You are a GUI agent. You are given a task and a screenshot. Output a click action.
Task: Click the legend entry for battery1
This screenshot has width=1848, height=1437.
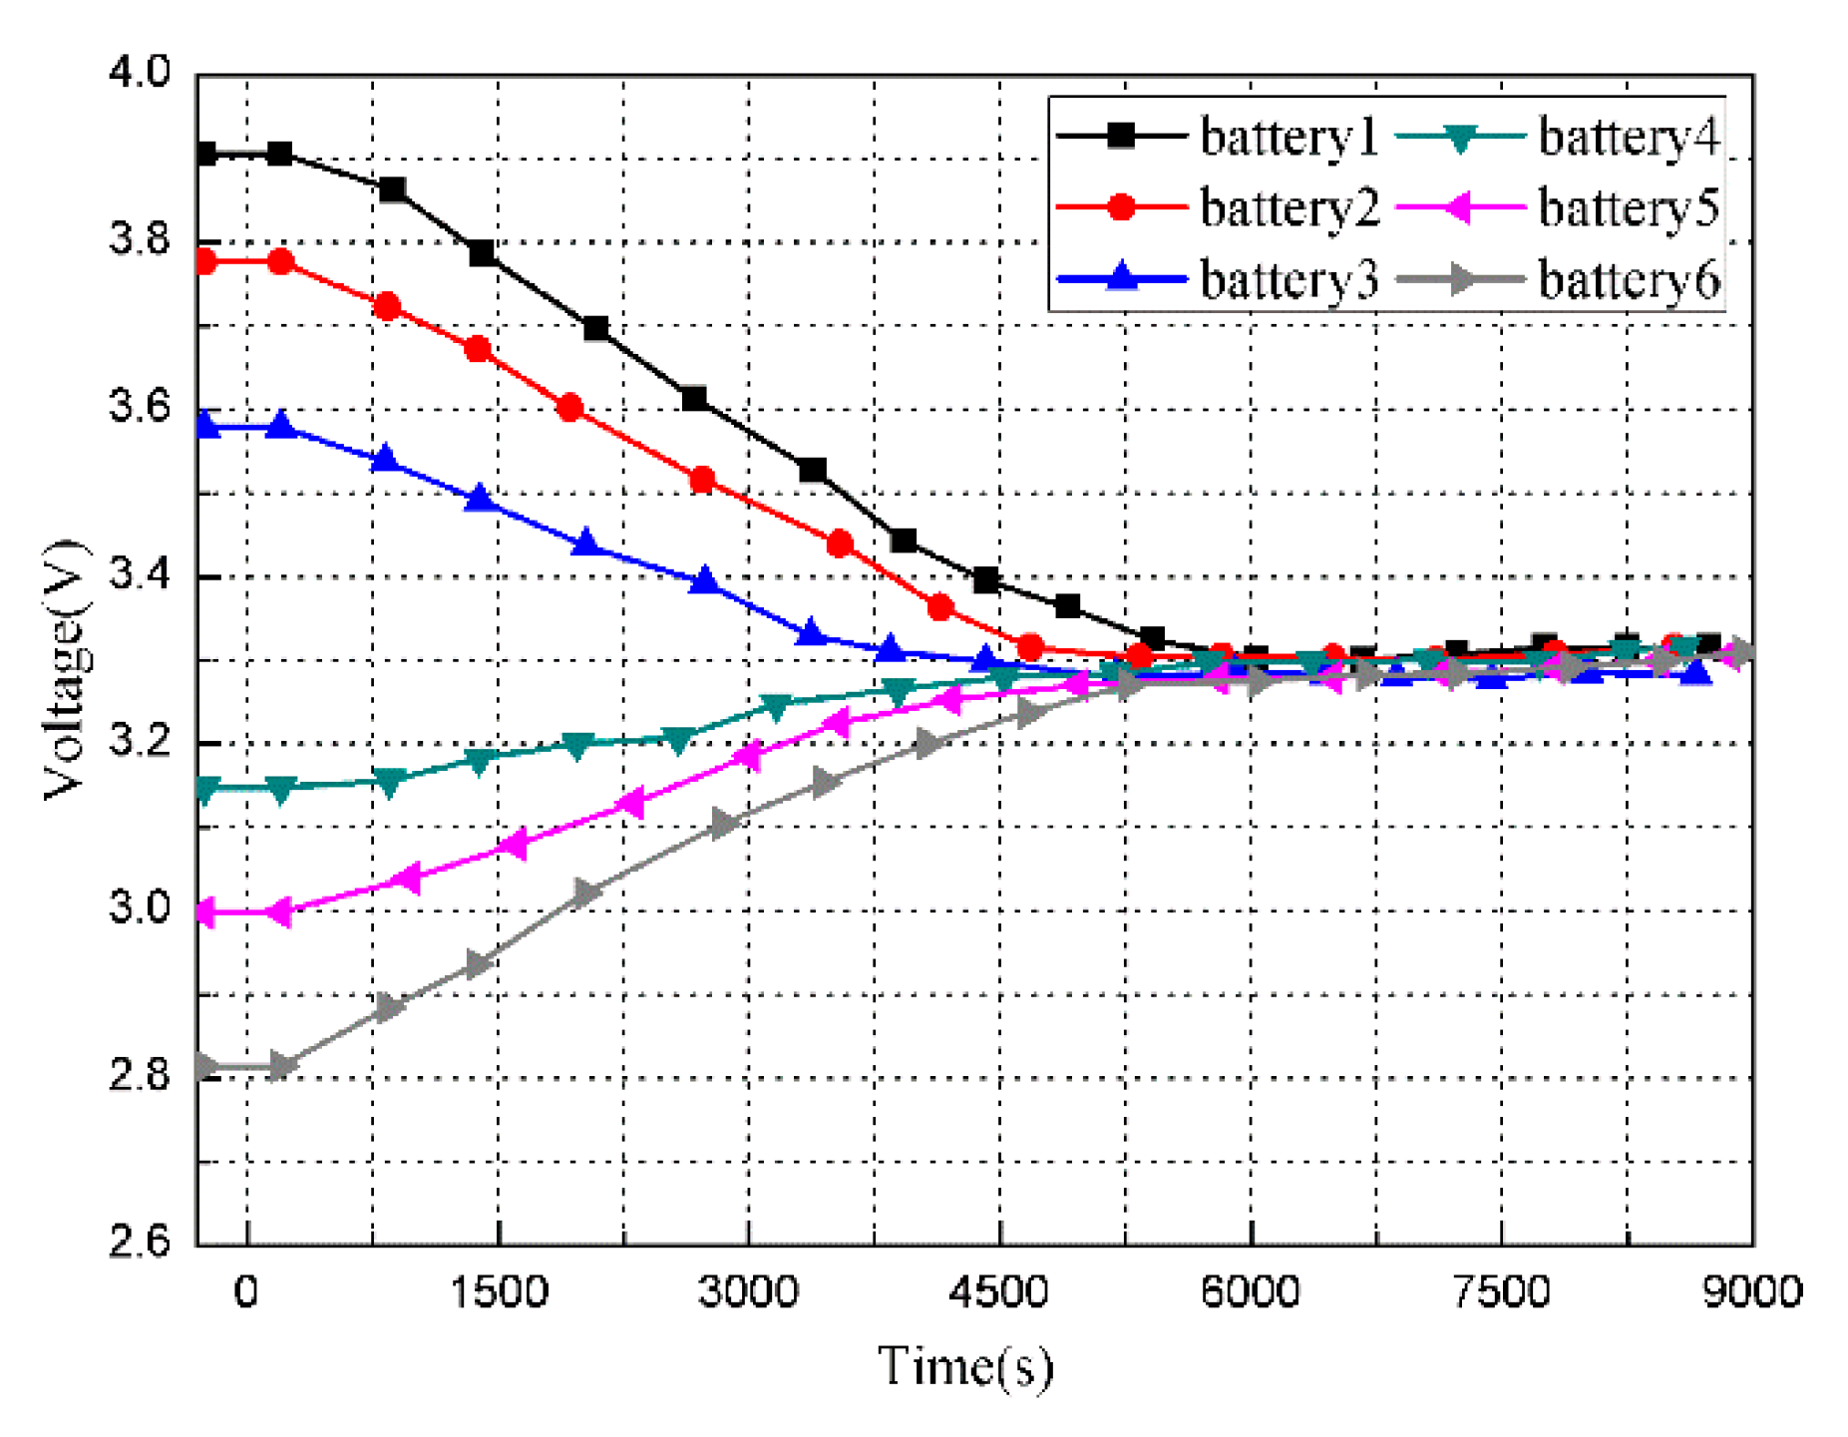point(1287,137)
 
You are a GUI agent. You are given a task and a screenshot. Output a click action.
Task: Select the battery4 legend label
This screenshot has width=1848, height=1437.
point(1628,137)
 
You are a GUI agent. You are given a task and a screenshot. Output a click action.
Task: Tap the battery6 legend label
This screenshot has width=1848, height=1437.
point(1628,280)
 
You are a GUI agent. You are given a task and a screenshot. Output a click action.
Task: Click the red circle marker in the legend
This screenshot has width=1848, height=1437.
point(1121,207)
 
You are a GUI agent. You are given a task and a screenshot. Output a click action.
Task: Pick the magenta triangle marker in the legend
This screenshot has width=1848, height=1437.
point(1459,207)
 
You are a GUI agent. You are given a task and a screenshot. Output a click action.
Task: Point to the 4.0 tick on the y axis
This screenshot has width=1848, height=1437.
point(140,72)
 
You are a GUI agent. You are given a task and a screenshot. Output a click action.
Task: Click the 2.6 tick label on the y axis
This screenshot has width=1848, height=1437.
point(140,1242)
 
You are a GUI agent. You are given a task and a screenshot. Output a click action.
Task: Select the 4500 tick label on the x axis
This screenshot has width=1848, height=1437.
point(998,1291)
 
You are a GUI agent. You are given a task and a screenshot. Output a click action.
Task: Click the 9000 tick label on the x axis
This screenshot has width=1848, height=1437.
point(1751,1291)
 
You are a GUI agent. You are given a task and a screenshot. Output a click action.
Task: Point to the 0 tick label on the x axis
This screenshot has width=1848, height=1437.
point(245,1291)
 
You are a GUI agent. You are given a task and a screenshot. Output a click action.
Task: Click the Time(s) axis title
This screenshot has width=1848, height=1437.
point(964,1365)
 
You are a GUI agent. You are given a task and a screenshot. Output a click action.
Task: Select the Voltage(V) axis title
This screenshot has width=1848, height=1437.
point(64,669)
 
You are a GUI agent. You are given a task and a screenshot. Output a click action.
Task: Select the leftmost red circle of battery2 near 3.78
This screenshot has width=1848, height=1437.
point(206,262)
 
